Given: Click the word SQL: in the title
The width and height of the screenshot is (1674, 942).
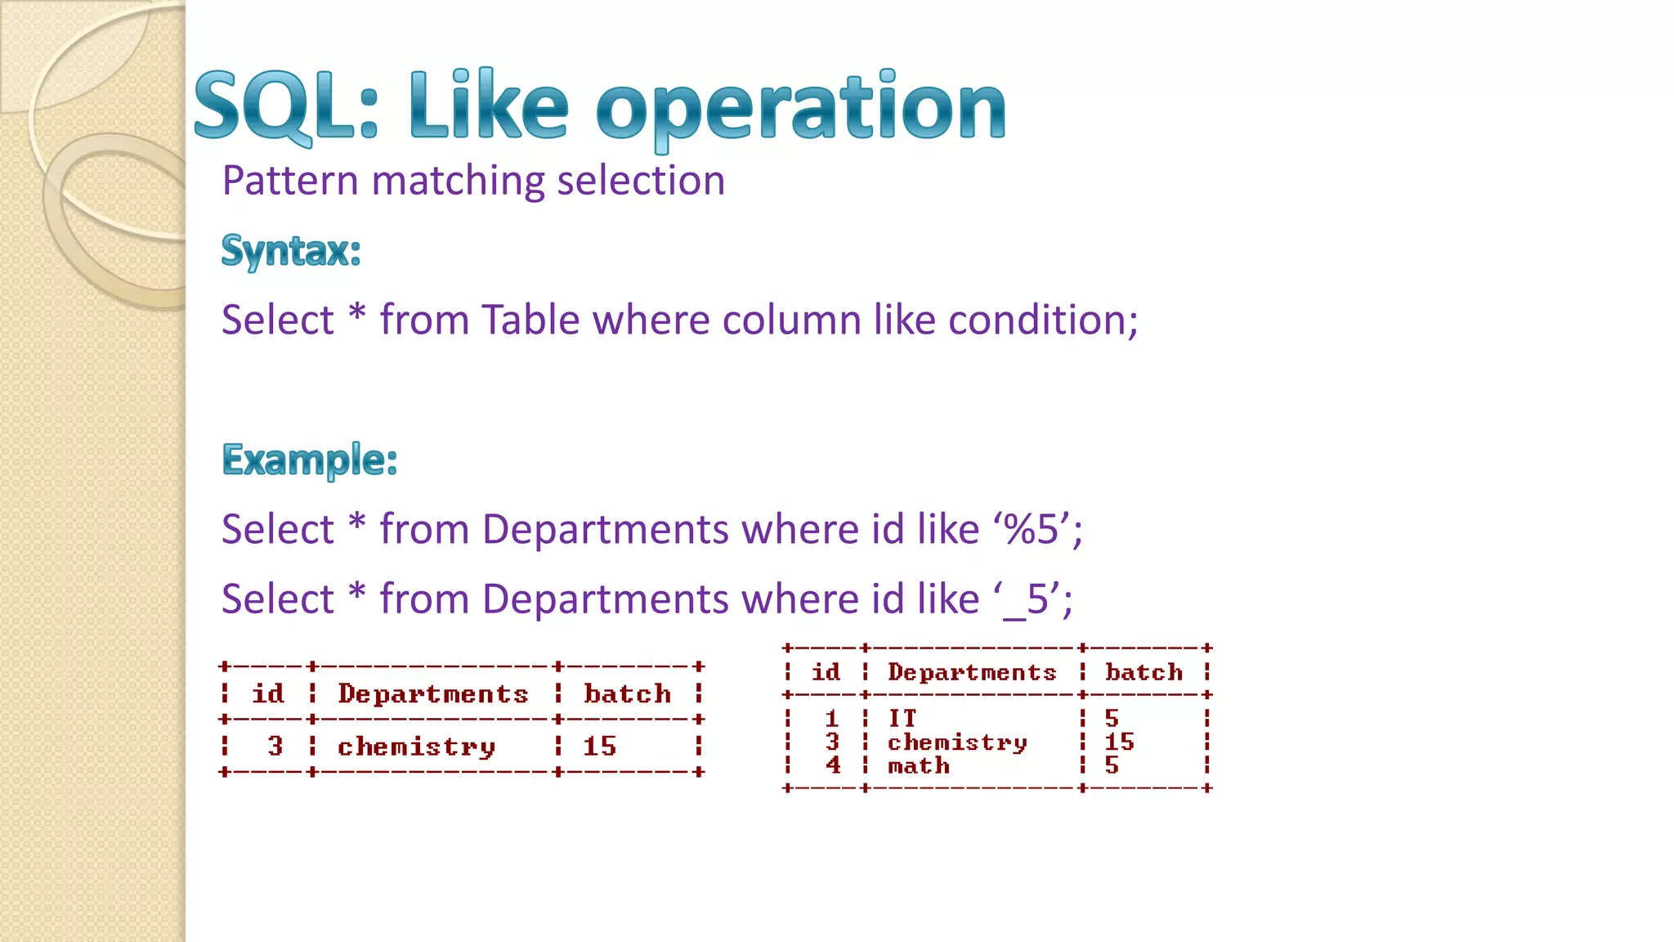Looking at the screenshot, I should click(286, 106).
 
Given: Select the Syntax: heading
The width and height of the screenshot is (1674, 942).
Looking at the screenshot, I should click(291, 250).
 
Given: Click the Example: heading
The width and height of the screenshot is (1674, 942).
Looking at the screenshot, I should click(310, 460).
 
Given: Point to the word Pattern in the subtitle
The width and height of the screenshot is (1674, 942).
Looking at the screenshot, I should click(289, 181).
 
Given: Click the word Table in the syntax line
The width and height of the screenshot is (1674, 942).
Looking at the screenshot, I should click(530, 320).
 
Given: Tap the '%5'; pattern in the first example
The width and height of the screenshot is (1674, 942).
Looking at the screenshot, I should click(1038, 529).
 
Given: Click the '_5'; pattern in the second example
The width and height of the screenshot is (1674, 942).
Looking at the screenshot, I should click(1033, 599).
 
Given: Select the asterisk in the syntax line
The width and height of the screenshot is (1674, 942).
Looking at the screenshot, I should click(356, 316).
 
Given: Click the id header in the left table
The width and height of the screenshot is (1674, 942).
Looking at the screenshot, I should click(268, 693).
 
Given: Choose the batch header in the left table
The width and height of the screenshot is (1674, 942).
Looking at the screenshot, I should click(627, 694).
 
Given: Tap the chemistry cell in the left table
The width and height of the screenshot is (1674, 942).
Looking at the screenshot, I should click(416, 747).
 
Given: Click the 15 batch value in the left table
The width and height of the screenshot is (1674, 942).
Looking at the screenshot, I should click(599, 746).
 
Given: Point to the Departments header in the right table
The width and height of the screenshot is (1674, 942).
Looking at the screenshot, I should click(972, 672).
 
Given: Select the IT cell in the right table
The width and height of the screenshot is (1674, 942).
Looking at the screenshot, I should click(902, 718).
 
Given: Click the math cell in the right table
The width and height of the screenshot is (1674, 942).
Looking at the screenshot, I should click(919, 766).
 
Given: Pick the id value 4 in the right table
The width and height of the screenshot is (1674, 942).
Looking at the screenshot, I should click(833, 765).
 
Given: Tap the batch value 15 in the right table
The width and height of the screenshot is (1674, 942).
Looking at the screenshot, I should click(1119, 742).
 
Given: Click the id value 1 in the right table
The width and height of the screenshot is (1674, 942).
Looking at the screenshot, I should click(832, 718).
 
